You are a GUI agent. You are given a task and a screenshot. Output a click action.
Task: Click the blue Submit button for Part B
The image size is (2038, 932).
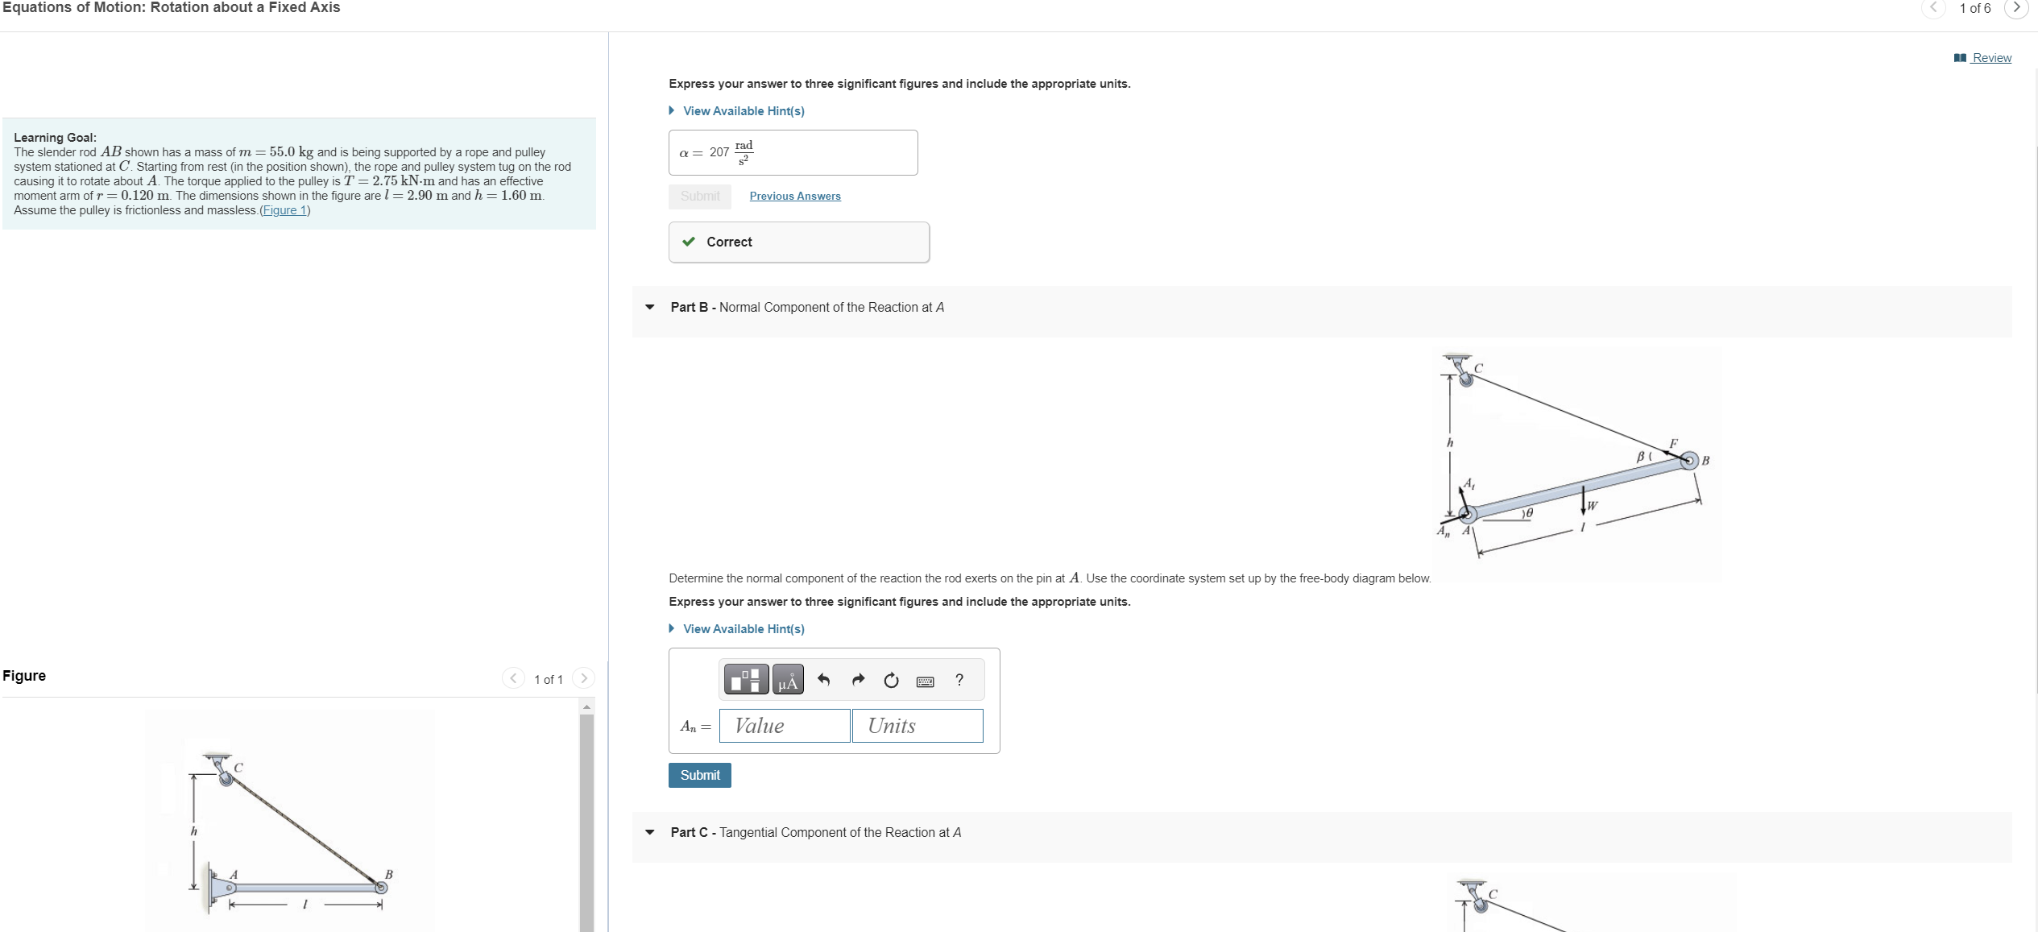tap(699, 775)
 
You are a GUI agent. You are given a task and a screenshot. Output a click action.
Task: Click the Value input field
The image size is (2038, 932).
tap(785, 726)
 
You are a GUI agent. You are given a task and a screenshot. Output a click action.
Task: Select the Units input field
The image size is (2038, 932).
tap(918, 726)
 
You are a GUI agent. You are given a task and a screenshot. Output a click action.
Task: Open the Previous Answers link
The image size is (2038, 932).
tap(794, 197)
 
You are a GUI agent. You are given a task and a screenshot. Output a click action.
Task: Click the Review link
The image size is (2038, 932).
tap(1990, 58)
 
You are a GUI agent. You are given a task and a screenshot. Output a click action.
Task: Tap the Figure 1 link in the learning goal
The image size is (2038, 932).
tap(284, 210)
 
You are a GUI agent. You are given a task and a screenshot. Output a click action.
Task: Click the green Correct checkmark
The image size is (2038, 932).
tap(689, 242)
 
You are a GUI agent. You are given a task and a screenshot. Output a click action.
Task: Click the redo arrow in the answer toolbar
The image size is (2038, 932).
tap(858, 681)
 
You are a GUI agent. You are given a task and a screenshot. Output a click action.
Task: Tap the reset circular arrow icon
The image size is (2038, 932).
tap(891, 681)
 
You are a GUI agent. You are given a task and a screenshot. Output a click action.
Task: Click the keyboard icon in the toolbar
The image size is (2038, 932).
tap(925, 681)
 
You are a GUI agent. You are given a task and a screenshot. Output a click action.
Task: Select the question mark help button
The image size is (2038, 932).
tap(959, 680)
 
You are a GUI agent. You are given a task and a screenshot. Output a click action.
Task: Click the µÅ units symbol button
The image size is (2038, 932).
tap(788, 680)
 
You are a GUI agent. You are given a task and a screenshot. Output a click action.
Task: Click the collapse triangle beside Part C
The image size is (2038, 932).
tap(650, 832)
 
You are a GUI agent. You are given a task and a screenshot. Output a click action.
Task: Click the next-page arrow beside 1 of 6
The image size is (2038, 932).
tap(2016, 8)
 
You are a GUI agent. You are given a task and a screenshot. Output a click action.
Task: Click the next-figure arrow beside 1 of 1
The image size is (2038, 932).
tap(584, 678)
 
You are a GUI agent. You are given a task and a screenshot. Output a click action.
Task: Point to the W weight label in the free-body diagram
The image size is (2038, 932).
tap(1592, 506)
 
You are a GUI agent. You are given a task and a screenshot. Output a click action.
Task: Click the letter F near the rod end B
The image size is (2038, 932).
tap(1673, 443)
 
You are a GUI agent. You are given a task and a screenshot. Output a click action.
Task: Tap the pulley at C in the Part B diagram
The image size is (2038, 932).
tap(1466, 379)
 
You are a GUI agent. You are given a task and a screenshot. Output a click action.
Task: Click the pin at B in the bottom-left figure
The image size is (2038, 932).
tap(381, 887)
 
